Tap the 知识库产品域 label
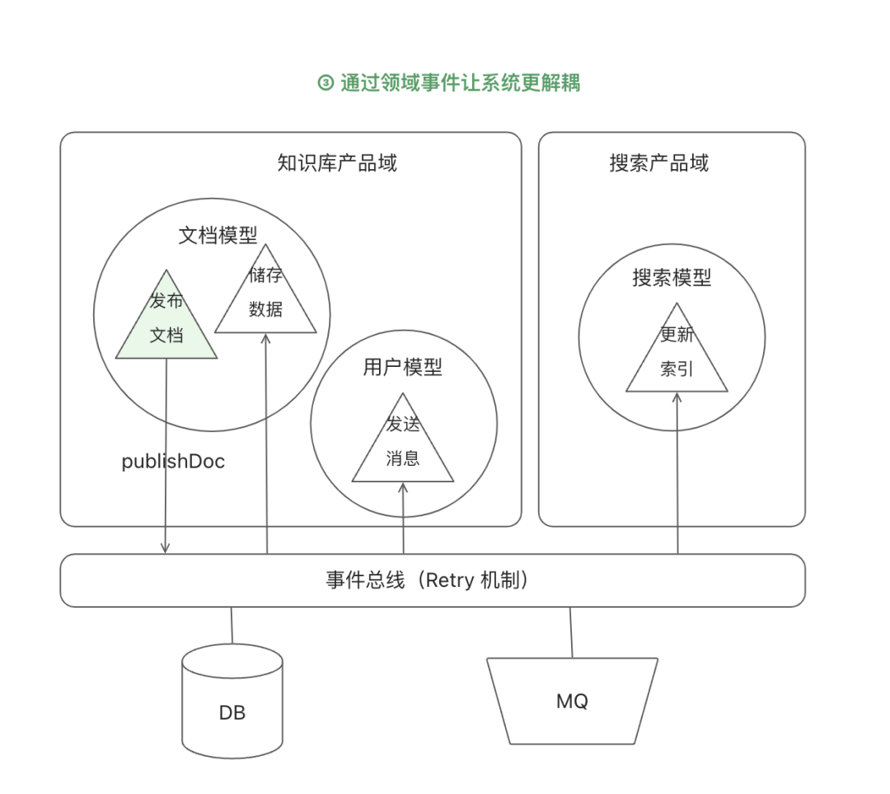pyautogui.click(x=337, y=163)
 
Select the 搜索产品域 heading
pyautogui.click(x=658, y=163)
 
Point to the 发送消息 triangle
pyautogui.click(x=403, y=445)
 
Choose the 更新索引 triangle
pyautogui.click(x=677, y=355)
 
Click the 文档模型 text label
pyautogui.click(x=218, y=235)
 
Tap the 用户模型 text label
pyautogui.click(x=403, y=367)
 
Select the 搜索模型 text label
pyautogui.click(x=672, y=278)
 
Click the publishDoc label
pyautogui.click(x=173, y=462)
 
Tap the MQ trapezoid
pyautogui.click(x=572, y=701)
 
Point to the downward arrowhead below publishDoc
pyautogui.click(x=166, y=547)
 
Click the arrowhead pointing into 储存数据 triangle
pyautogui.click(x=266, y=338)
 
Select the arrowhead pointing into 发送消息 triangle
pyautogui.click(x=403, y=487)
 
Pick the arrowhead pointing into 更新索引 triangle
pyautogui.click(x=677, y=397)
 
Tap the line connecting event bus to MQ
pyautogui.click(x=570, y=632)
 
